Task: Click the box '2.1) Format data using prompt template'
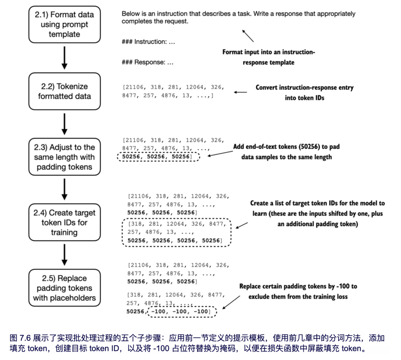click(64, 24)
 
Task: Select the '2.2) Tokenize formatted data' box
click(64, 91)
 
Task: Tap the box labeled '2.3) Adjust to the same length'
click(64, 157)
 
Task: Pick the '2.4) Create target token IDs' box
click(64, 222)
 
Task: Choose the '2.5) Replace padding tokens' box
click(64, 288)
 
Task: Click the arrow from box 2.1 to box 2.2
click(64, 58)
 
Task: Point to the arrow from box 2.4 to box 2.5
click(64, 255)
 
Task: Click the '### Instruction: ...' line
click(148, 42)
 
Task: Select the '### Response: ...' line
click(147, 62)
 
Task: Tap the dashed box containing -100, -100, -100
click(182, 311)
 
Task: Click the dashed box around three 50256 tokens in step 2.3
click(158, 157)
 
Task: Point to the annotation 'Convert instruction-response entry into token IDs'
click(304, 93)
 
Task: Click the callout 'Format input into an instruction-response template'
click(268, 57)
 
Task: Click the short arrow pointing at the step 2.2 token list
click(240, 92)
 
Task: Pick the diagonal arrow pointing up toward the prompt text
click(248, 36)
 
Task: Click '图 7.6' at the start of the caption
click(20, 338)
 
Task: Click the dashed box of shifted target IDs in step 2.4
click(176, 232)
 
